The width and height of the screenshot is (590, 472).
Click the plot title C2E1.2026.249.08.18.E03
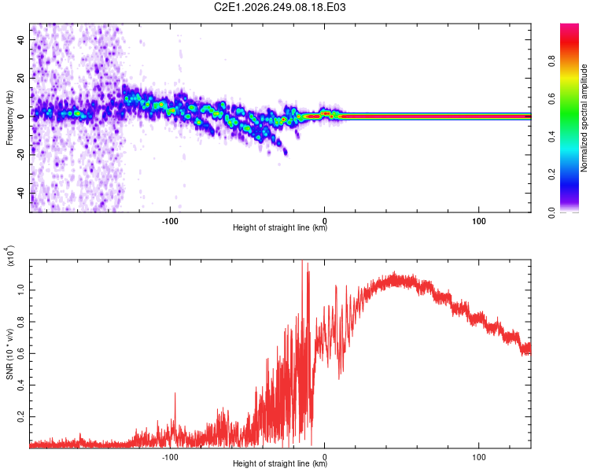(279, 7)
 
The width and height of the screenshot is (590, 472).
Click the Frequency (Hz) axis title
(9, 118)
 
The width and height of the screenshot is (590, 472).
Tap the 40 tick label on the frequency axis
(21, 39)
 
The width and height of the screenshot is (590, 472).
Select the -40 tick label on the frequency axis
(21, 194)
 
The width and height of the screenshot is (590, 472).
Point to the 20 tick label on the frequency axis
(21, 78)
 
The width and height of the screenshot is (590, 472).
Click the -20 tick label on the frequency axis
(21, 155)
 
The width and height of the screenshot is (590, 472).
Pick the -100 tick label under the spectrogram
(170, 221)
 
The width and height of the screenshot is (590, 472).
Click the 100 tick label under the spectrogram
(478, 221)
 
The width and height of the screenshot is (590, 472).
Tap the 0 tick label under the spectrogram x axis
(324, 221)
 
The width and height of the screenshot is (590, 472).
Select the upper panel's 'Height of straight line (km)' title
(280, 227)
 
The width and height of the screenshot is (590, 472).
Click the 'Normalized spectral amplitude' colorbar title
(584, 118)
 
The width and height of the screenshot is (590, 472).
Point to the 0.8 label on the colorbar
(552, 61)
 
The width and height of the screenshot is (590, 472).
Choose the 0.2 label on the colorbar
(552, 175)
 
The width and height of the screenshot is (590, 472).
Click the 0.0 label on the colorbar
(552, 212)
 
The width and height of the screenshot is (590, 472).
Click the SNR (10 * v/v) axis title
(9, 354)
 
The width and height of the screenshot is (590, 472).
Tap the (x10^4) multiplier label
(10, 256)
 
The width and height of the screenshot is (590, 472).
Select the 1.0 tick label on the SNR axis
(21, 290)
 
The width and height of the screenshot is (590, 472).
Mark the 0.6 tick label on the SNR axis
(21, 353)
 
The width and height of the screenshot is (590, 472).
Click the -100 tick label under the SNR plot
(170, 457)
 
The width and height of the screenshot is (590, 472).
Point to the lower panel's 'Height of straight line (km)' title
(280, 463)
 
